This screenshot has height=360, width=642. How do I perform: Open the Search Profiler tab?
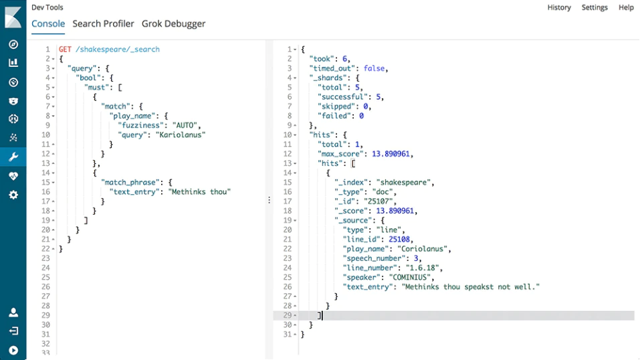point(103,23)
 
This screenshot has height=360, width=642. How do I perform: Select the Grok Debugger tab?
point(174,24)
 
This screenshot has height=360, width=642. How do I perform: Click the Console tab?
point(48,23)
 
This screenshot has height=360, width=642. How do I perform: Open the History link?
point(559,7)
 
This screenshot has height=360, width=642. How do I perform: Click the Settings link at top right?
point(595,7)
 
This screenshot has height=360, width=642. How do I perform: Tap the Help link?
point(626,7)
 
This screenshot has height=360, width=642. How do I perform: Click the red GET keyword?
point(65,49)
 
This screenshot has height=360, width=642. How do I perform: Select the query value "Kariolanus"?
point(181,134)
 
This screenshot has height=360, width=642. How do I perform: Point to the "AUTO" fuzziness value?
point(187,125)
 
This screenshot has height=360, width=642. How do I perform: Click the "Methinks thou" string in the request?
point(199,191)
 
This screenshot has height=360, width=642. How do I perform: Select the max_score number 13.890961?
point(391,154)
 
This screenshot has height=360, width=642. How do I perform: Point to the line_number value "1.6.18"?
point(422,268)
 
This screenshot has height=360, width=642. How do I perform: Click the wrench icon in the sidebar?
point(13,157)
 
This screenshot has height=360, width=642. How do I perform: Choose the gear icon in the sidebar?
point(13,195)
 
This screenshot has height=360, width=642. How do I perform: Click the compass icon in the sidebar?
point(13,44)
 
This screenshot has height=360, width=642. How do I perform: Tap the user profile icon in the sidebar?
point(13,312)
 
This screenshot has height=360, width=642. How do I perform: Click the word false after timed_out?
point(374,68)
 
